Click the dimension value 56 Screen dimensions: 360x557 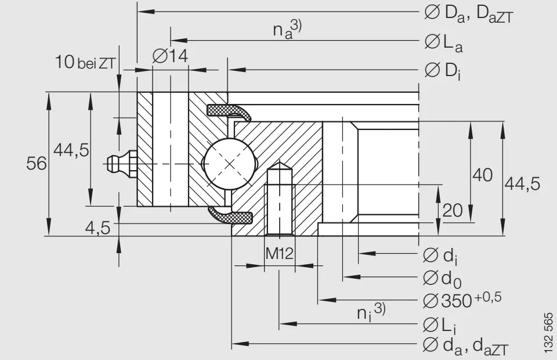[37, 164]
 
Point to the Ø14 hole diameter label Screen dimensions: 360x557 [170, 56]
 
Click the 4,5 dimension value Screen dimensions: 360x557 [97, 228]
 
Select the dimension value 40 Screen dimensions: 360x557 [482, 175]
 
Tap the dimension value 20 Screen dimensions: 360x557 [453, 210]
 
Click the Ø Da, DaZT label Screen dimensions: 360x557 [469, 13]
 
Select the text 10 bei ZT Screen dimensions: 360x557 [86, 63]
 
